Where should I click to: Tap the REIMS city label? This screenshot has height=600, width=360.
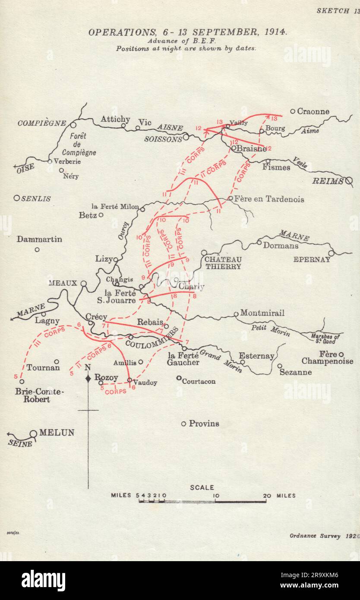(328, 181)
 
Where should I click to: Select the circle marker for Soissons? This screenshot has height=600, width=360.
(186, 137)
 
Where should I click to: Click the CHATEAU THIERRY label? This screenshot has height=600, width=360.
(223, 263)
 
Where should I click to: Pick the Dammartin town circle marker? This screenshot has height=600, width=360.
(37, 249)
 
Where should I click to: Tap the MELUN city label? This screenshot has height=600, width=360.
(57, 433)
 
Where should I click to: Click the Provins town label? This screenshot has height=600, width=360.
(204, 423)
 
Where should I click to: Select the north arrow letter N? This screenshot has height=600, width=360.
(88, 367)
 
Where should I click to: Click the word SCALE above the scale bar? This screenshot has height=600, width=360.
(202, 487)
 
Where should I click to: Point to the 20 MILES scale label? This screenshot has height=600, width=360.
(280, 496)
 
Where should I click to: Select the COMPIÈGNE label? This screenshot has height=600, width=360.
(42, 123)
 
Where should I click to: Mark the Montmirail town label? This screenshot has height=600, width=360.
(262, 313)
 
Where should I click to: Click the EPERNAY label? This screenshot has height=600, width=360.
(312, 259)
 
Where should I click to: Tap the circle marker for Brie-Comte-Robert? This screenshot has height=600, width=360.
(22, 381)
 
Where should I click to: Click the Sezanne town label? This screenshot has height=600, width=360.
(296, 372)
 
